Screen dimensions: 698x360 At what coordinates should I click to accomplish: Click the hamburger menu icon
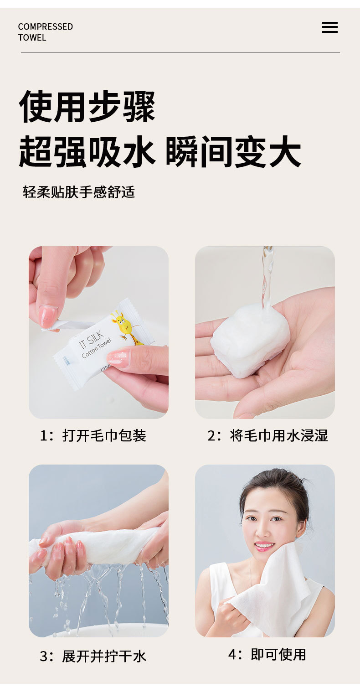click(x=329, y=27)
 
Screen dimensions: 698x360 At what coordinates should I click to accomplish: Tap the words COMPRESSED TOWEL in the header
click(x=45, y=32)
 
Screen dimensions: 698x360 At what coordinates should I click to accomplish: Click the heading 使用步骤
click(x=87, y=107)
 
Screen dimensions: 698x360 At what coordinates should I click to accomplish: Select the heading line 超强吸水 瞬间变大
click(x=159, y=152)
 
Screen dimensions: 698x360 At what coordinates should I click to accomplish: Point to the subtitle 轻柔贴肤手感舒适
click(x=79, y=192)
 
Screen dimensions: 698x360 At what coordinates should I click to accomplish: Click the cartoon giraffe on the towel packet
click(x=127, y=326)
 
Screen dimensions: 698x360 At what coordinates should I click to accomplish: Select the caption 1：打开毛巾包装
click(x=93, y=435)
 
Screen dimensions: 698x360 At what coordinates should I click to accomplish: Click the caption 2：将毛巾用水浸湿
click(x=267, y=435)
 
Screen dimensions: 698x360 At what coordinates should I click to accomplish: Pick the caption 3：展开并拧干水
click(x=93, y=656)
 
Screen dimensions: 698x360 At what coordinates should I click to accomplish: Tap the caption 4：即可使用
click(x=267, y=654)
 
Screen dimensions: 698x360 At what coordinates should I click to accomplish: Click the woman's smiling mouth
click(x=264, y=545)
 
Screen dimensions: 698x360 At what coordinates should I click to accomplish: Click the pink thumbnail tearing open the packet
click(x=48, y=315)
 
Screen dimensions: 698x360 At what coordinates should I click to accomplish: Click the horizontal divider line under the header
click(x=180, y=52)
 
